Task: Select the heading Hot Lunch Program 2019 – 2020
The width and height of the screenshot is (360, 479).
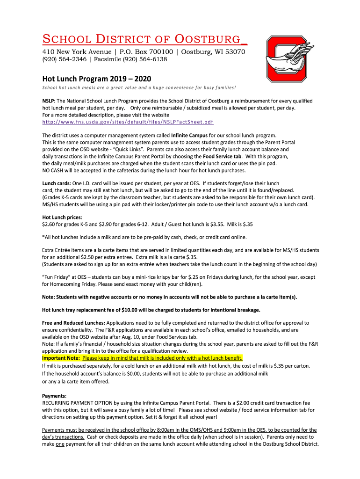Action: [97, 79]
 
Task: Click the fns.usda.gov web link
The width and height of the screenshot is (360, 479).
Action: [128, 122]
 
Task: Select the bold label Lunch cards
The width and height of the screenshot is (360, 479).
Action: [56, 183]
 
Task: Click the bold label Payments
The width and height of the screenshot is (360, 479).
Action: [54, 395]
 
